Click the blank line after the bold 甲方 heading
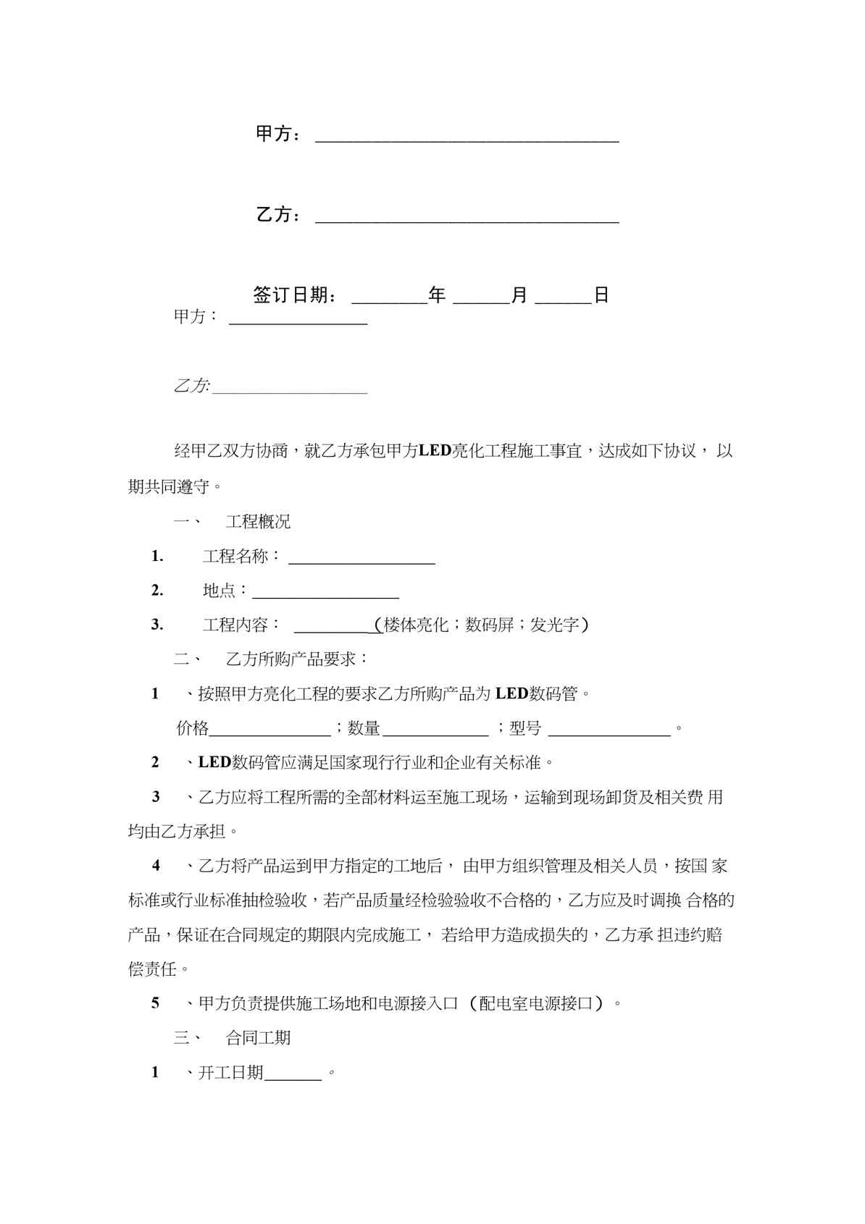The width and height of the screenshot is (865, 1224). [467, 138]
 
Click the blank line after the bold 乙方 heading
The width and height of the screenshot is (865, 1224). [467, 218]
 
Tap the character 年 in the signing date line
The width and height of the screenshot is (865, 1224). [437, 295]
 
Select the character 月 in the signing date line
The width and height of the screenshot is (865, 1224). [519, 295]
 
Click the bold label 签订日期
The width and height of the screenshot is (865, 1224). [293, 295]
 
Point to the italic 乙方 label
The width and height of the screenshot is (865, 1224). [191, 386]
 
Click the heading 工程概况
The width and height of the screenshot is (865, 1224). [258, 522]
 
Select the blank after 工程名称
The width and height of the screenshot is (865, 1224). [362, 559]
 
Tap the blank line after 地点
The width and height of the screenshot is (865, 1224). [325, 594]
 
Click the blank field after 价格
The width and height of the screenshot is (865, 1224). [270, 731]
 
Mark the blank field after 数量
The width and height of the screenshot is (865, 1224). [436, 731]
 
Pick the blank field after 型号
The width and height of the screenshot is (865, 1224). [609, 731]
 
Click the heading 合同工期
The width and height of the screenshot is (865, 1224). [258, 1038]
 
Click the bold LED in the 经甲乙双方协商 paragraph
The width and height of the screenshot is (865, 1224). [435, 451]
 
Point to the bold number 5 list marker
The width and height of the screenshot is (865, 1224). [155, 1003]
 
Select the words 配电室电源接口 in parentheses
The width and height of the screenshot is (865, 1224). [537, 1003]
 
